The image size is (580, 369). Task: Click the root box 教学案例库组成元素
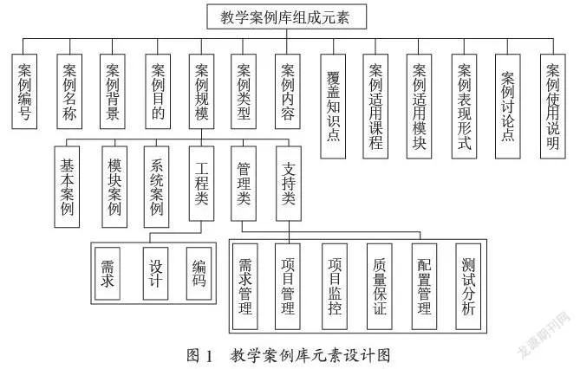(x=287, y=16)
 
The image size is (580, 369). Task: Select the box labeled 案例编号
(x=24, y=92)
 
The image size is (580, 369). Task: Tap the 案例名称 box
(x=69, y=92)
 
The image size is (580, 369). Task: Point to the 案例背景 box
(x=113, y=92)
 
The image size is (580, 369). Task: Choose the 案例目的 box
(x=158, y=92)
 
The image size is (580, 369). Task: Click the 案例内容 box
(x=288, y=92)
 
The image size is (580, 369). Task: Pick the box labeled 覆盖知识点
(x=333, y=107)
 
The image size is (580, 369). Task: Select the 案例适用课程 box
(x=375, y=107)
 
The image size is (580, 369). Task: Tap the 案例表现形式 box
(x=464, y=107)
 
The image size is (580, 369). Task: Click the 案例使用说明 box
(x=553, y=107)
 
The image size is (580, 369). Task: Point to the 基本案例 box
(x=67, y=187)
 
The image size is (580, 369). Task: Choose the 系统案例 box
(x=156, y=187)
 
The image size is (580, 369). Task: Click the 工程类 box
(x=202, y=184)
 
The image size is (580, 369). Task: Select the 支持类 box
(x=289, y=184)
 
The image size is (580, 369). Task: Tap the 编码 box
(x=199, y=274)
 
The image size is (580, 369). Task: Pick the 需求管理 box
(x=245, y=287)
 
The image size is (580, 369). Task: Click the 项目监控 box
(x=335, y=287)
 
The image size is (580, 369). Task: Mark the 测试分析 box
(x=468, y=287)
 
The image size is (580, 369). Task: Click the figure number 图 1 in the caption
(x=200, y=355)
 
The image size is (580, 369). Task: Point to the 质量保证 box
(x=380, y=287)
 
